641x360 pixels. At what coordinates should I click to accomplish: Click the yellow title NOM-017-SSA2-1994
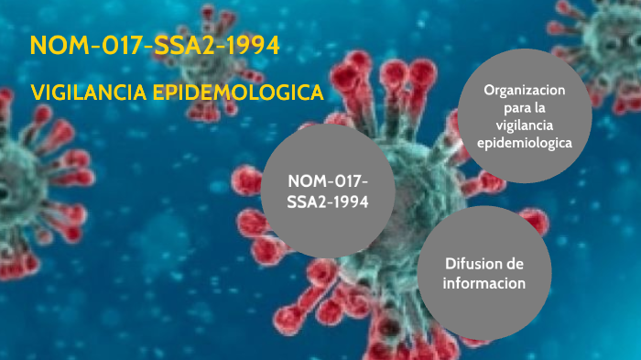(155, 46)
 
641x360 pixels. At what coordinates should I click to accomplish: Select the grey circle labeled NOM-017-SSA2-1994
(328, 191)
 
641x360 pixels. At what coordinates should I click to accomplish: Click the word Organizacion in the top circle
(526, 91)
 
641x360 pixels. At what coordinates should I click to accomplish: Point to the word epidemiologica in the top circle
(526, 143)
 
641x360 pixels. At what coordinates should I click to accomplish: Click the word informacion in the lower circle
(484, 283)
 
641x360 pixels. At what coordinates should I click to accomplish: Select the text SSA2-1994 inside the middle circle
(328, 202)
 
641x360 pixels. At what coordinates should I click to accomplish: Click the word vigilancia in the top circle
(526, 125)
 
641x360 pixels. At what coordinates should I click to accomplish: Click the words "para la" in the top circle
(526, 108)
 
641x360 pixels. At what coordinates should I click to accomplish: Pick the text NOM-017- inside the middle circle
(328, 180)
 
